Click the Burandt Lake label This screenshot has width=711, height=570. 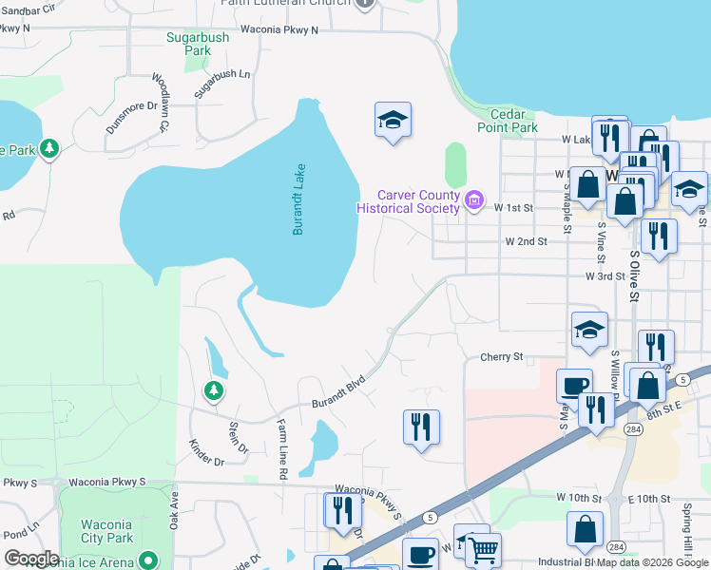pos(298,199)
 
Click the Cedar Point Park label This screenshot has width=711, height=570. pos(507,121)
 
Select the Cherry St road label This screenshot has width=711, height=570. pos(501,357)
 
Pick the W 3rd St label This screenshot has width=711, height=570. pos(606,276)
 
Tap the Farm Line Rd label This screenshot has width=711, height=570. pos(281,447)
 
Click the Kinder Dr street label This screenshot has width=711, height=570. pos(205,451)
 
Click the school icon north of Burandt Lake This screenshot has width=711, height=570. pos(393,120)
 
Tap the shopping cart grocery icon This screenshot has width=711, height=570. pos(484,550)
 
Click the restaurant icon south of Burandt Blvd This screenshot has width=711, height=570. pos(421,426)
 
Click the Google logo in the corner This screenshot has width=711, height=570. pos(31,558)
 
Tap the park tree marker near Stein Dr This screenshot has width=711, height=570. pos(214,389)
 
